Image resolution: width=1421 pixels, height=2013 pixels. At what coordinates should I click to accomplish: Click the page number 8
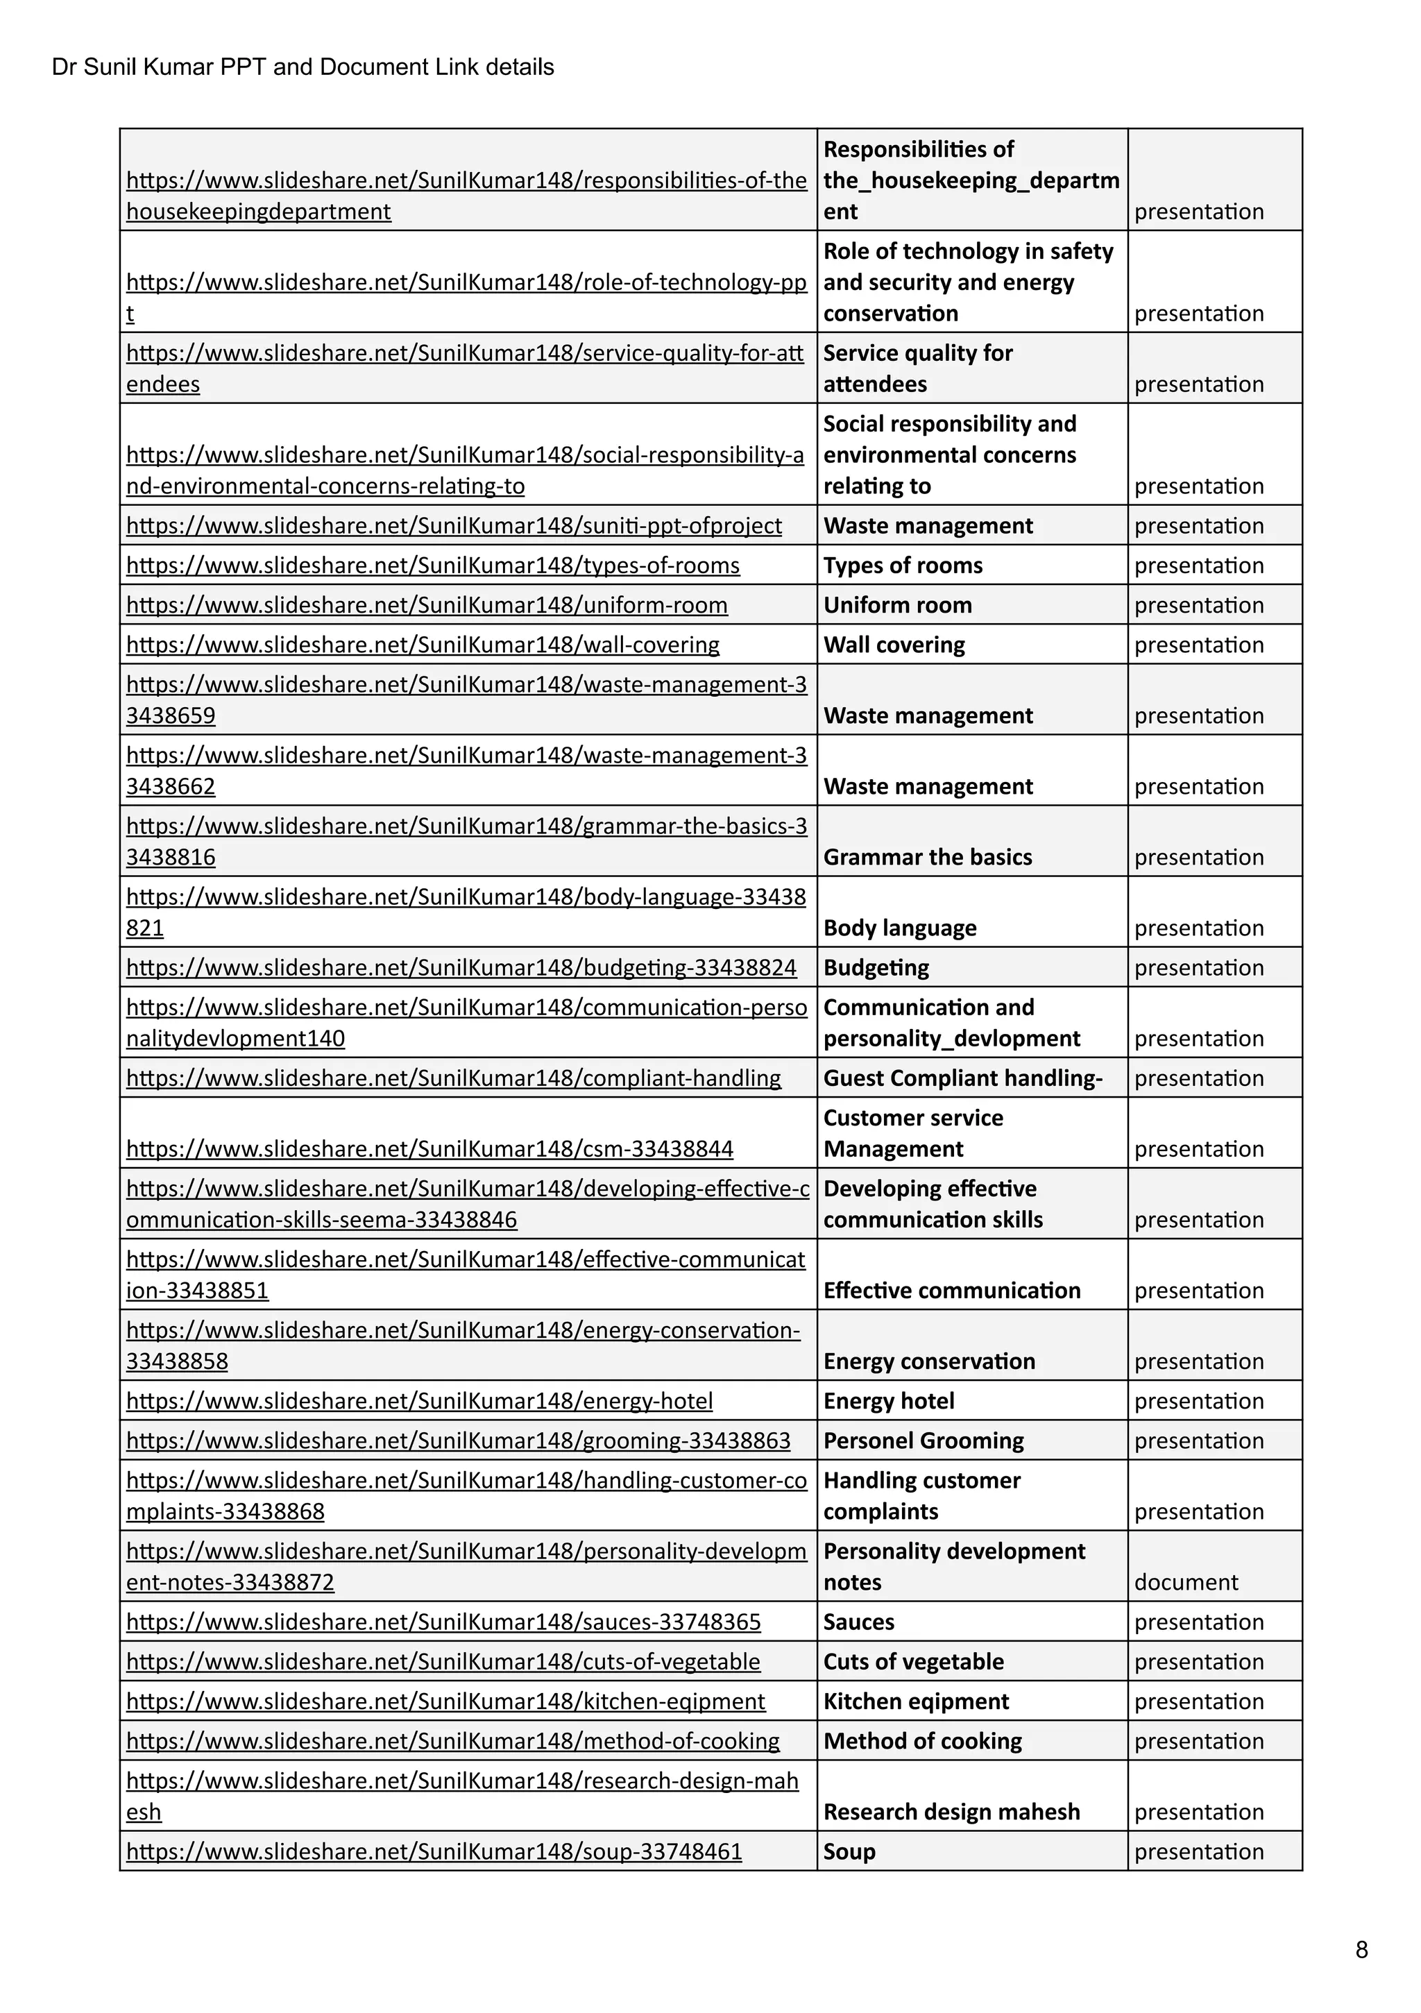pyautogui.click(x=1361, y=1949)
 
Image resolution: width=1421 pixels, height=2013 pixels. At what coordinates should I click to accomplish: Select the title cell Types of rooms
pyautogui.click(x=902, y=566)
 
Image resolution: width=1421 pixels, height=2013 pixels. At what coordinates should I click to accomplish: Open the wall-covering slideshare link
pyautogui.click(x=423, y=645)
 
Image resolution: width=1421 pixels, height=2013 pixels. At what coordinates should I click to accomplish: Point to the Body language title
pyautogui.click(x=899, y=928)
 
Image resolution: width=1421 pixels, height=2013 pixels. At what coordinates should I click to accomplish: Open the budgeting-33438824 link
pyautogui.click(x=461, y=968)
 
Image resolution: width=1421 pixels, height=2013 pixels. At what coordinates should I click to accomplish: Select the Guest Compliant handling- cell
pyautogui.click(x=962, y=1078)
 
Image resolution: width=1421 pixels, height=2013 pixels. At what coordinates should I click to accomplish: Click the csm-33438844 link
pyautogui.click(x=429, y=1149)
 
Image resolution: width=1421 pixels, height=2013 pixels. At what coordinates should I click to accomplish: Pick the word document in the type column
pyautogui.click(x=1185, y=1583)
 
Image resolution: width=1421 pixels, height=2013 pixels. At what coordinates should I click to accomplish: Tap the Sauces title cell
pyautogui.click(x=858, y=1622)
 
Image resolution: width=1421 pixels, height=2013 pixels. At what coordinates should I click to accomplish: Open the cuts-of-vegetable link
pyautogui.click(x=443, y=1663)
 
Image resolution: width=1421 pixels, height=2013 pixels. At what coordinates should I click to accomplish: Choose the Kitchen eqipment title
pyautogui.click(x=915, y=1701)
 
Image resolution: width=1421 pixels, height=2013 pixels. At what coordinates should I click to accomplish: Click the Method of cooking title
pyautogui.click(x=922, y=1741)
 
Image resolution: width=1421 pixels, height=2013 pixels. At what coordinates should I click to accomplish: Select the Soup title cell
pyautogui.click(x=849, y=1852)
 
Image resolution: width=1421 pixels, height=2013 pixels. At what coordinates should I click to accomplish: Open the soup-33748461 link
pyautogui.click(x=434, y=1852)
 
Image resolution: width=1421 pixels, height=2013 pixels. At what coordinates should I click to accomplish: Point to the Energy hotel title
pyautogui.click(x=888, y=1401)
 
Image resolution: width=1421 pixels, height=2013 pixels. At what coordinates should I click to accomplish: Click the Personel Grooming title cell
pyautogui.click(x=923, y=1441)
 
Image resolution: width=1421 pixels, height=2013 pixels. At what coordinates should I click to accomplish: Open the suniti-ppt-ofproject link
pyautogui.click(x=453, y=526)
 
